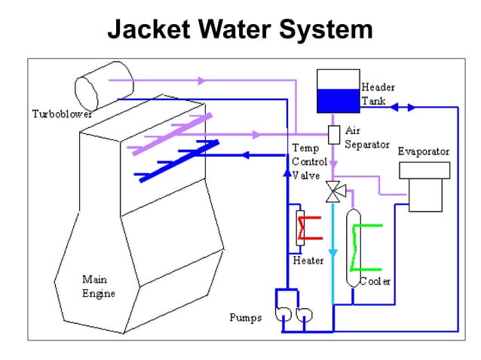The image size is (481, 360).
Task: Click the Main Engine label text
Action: pos(99,286)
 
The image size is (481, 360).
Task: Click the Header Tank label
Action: pos(378,93)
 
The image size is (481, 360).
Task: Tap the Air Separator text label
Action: pos(366,137)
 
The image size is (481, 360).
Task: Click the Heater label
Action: pos(308,261)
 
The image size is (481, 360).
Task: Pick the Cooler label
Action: pos(375,282)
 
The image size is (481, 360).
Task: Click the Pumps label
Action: pos(246,317)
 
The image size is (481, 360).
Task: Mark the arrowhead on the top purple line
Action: pos(201,80)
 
